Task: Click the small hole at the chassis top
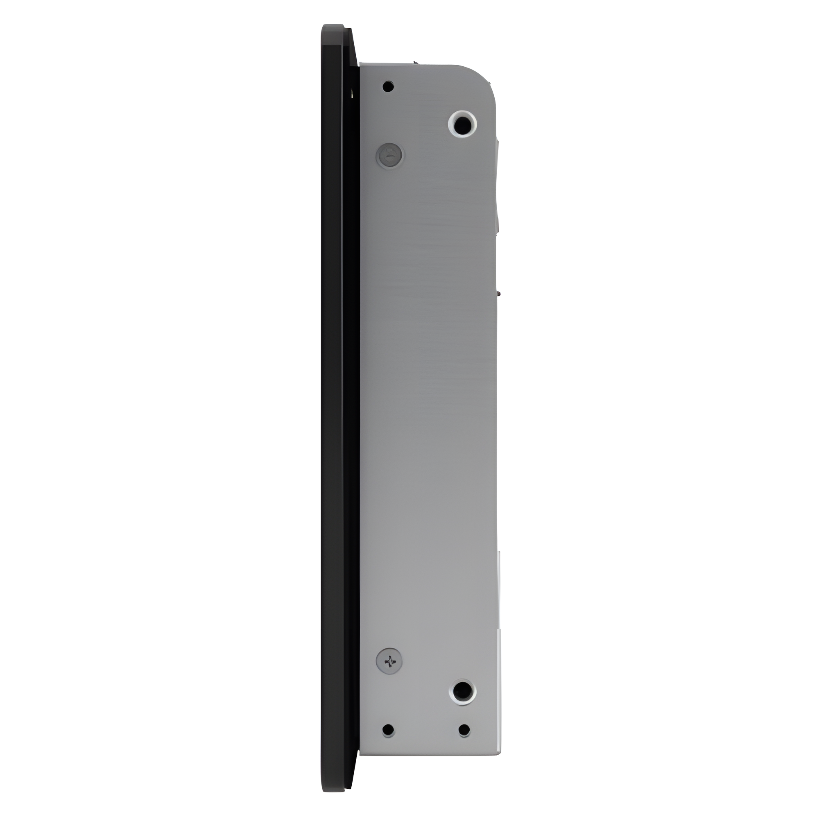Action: tap(388, 86)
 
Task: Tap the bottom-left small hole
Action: tap(388, 742)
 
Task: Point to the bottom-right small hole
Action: tap(464, 742)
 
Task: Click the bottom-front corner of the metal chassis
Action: tap(361, 767)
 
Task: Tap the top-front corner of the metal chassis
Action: tap(361, 65)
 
